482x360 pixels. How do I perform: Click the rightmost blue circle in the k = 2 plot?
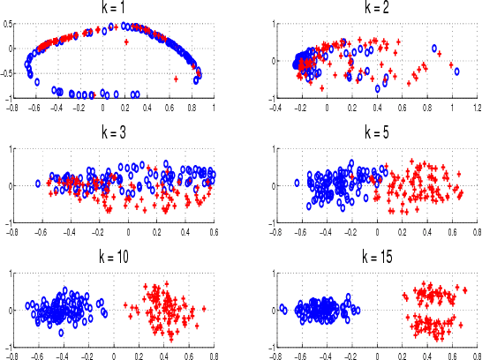(x=456, y=71)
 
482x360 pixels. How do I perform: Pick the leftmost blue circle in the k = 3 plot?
(x=38, y=184)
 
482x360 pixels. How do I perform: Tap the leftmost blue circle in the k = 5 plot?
(x=297, y=183)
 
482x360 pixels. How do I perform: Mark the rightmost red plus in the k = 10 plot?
(x=204, y=309)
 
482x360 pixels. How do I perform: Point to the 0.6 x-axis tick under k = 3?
(x=214, y=232)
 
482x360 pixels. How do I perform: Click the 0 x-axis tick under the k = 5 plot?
(x=377, y=232)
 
